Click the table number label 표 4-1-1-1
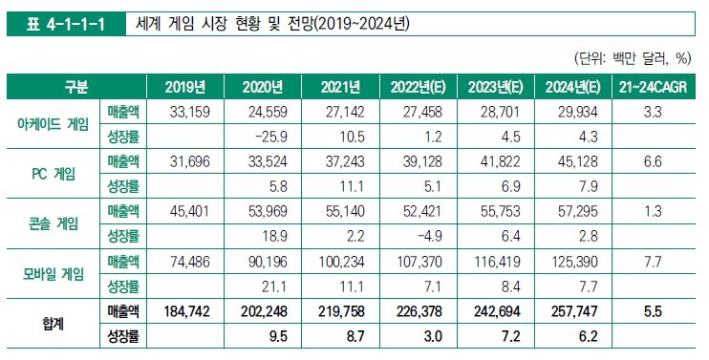tap(66, 24)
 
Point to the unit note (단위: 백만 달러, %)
tap(633, 58)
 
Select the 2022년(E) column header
tap(419, 87)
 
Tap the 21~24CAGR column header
tap(653, 87)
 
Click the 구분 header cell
tap(76, 87)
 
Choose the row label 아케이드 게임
tap(54, 124)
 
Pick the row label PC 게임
tap(54, 174)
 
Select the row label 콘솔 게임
tap(54, 223)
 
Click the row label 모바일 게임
tap(54, 274)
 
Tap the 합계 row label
tap(54, 324)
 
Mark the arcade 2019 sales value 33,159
tap(190, 112)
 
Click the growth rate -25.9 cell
tap(270, 137)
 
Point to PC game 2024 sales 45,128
tap(578, 161)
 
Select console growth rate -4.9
tap(429, 236)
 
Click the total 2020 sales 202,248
tap(265, 311)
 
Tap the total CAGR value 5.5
tap(653, 311)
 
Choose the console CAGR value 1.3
tap(653, 211)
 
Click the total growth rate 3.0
tap(433, 336)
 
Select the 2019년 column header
tap(185, 87)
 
